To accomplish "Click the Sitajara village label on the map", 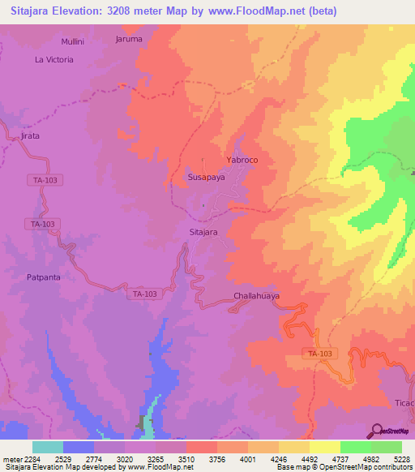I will tap(203, 232).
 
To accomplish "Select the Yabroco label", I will tap(242, 160).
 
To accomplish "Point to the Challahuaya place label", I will tap(256, 296).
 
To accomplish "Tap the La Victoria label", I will tap(53, 59).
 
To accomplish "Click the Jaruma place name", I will tap(129, 38).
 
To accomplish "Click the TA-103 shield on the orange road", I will tap(321, 354).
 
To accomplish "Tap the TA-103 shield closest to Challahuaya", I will tap(144, 294).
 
